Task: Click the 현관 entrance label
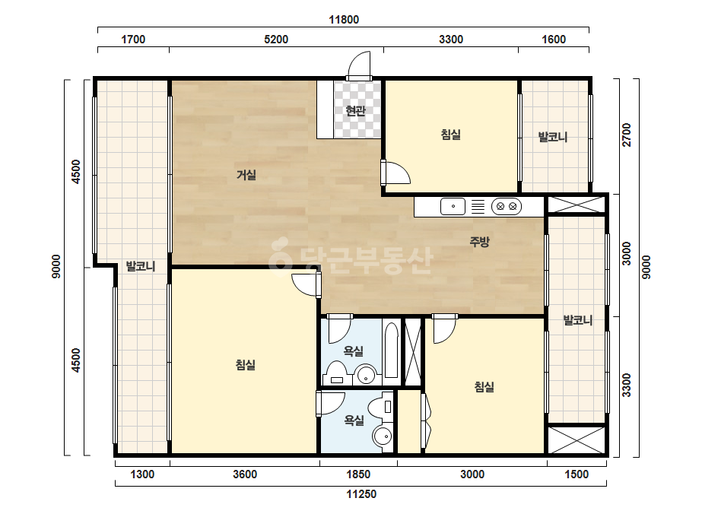[x=356, y=110]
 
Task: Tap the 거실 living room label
[x=246, y=175]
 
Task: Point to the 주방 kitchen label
[x=479, y=242]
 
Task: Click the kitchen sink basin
[x=453, y=206]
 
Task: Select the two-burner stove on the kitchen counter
[x=507, y=206]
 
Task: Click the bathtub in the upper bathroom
[x=391, y=350]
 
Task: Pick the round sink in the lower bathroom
[x=383, y=436]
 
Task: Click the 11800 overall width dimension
[x=344, y=20]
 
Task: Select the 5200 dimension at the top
[x=276, y=40]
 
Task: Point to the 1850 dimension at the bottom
[x=358, y=474]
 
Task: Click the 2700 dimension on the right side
[x=627, y=135]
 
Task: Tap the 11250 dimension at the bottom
[x=361, y=494]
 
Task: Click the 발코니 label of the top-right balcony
[x=553, y=137]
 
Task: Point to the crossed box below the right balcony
[x=577, y=440]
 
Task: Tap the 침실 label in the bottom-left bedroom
[x=246, y=365]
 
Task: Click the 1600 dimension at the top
[x=554, y=40]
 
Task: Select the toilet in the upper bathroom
[x=335, y=374]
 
